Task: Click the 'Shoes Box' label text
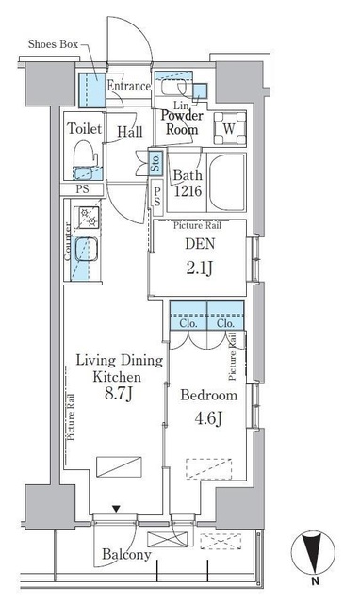pyautogui.click(x=53, y=44)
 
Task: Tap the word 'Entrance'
pyautogui.click(x=128, y=86)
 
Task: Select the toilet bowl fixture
pyautogui.click(x=84, y=154)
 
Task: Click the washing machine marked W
pyautogui.click(x=230, y=128)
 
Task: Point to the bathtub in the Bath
pyautogui.click(x=226, y=182)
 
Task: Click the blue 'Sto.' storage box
pyautogui.click(x=155, y=162)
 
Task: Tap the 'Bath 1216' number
pyautogui.click(x=188, y=191)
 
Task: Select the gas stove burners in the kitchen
pyautogui.click(x=88, y=218)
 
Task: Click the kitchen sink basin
pyautogui.click(x=86, y=249)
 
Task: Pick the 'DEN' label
pyautogui.click(x=200, y=244)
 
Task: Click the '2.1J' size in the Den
pyautogui.click(x=199, y=269)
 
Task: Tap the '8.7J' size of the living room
pyautogui.click(x=119, y=394)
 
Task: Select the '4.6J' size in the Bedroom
pyautogui.click(x=208, y=418)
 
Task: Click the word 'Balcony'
pyautogui.click(x=126, y=554)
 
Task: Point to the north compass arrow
pyautogui.click(x=313, y=553)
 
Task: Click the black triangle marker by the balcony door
pyautogui.click(x=116, y=509)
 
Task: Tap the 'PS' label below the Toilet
pyautogui.click(x=82, y=188)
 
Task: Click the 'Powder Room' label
pyautogui.click(x=182, y=122)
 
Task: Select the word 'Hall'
pyautogui.click(x=130, y=132)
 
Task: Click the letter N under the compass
pyautogui.click(x=315, y=581)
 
